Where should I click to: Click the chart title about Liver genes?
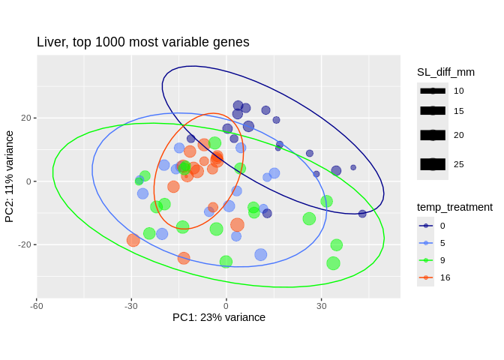click(x=143, y=43)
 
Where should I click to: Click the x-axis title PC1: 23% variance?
click(x=219, y=317)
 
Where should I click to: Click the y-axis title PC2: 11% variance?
click(x=10, y=177)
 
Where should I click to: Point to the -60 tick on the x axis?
click(x=36, y=305)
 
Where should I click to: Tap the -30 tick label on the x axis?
click(x=131, y=305)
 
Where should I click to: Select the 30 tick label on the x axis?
click(x=322, y=305)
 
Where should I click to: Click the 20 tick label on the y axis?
click(x=25, y=118)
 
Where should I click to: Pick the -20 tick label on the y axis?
click(x=24, y=244)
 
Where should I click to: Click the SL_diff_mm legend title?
click(x=445, y=72)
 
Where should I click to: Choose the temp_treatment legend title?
click(x=454, y=207)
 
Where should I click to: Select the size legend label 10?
click(x=459, y=91)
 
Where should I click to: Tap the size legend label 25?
click(x=459, y=164)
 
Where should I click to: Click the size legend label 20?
click(x=459, y=135)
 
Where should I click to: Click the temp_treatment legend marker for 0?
click(x=426, y=225)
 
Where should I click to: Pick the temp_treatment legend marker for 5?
click(x=426, y=242)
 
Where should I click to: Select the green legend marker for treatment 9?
click(x=426, y=259)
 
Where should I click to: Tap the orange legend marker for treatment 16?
click(x=426, y=277)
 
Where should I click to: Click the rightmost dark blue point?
click(x=362, y=214)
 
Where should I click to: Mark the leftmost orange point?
click(x=133, y=240)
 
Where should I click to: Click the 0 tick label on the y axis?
click(x=27, y=181)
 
